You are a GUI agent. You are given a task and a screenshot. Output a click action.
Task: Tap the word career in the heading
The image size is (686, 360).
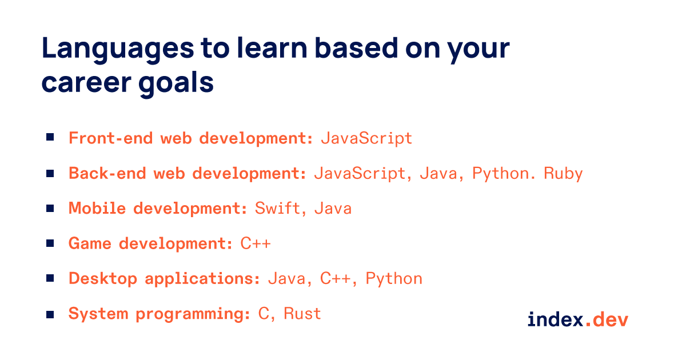(x=81, y=84)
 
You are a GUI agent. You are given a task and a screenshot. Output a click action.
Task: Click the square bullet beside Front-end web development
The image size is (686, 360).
(x=50, y=137)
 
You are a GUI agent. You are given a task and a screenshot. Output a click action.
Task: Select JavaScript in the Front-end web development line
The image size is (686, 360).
(x=366, y=138)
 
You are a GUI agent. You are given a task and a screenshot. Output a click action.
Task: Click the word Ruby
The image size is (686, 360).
(x=563, y=173)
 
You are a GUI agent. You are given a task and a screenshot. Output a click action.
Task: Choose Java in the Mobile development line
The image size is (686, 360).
(x=333, y=208)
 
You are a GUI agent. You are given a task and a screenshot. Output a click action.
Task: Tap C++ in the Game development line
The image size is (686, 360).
(x=255, y=243)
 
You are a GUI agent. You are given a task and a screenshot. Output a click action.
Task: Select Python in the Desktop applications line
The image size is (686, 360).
(x=394, y=279)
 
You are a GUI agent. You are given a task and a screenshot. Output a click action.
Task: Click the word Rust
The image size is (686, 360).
(x=302, y=314)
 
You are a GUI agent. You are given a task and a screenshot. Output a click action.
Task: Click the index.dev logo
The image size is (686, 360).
(x=577, y=319)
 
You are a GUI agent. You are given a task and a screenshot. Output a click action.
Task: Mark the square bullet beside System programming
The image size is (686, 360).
(x=50, y=313)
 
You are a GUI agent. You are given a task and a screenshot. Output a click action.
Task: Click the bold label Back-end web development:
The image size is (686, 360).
(x=188, y=173)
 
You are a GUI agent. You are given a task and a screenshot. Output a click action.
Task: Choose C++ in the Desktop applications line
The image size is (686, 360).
(x=335, y=279)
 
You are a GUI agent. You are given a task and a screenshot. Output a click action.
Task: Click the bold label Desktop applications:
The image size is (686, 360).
(x=165, y=279)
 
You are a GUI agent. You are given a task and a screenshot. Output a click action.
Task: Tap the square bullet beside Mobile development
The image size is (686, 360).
(x=50, y=208)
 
